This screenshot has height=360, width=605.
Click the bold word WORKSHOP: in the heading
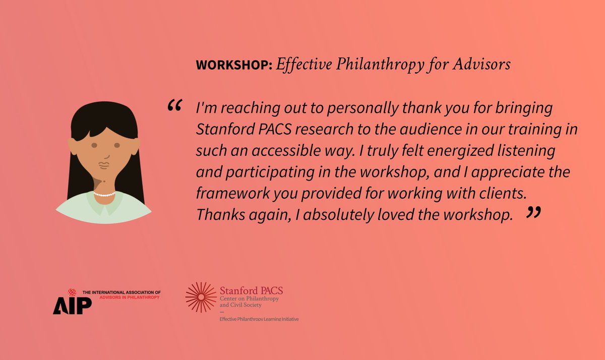(x=234, y=66)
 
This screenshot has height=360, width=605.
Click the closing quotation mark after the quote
(x=533, y=212)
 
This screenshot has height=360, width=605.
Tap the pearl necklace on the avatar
(x=104, y=194)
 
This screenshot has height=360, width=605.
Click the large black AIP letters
(x=72, y=305)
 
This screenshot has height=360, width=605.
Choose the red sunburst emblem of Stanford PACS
(x=201, y=297)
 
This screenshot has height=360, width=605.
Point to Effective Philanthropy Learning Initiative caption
(x=259, y=319)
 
